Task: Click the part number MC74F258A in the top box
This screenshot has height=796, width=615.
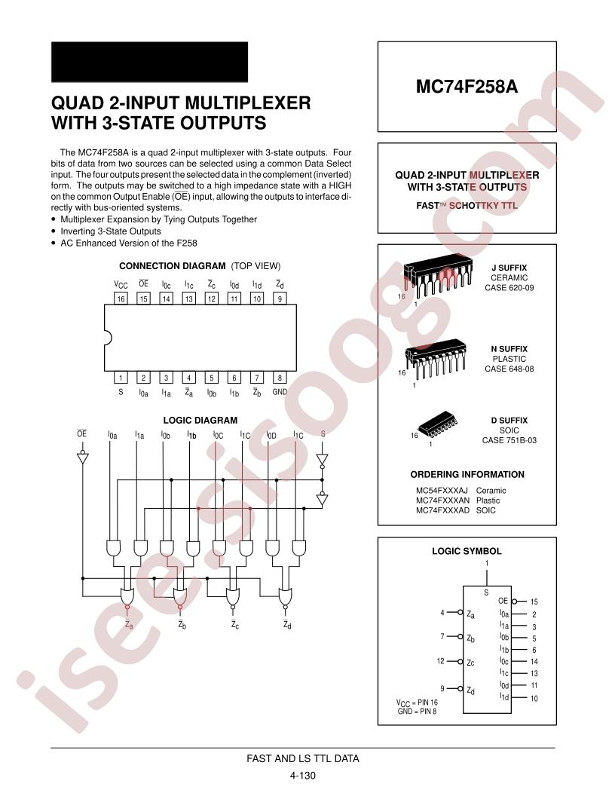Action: (467, 86)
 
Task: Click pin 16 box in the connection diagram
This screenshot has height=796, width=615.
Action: (121, 298)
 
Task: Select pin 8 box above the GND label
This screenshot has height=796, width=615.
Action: (280, 377)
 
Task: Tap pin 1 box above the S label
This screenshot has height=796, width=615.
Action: (121, 377)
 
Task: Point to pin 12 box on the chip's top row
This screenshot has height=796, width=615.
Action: (212, 298)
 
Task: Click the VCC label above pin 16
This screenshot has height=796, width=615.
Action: (121, 284)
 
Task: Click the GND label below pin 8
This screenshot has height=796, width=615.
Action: (280, 392)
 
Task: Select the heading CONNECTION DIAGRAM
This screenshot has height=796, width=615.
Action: (172, 266)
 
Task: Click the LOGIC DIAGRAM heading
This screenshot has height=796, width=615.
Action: (200, 421)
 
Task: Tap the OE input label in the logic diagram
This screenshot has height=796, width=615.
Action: (81, 433)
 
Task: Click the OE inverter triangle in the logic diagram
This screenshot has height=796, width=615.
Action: (82, 458)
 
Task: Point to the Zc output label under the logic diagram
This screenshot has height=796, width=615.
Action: (234, 625)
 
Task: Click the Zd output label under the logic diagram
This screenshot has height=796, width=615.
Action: (287, 625)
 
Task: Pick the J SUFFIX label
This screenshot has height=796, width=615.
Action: (509, 268)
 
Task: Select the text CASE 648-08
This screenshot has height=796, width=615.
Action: (509, 369)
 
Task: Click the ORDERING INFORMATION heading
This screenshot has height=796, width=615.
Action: (467, 475)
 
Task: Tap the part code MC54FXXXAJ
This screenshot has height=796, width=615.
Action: (442, 491)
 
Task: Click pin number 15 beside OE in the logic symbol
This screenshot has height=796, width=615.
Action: (534, 602)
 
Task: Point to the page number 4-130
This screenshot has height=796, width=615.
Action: (302, 775)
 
